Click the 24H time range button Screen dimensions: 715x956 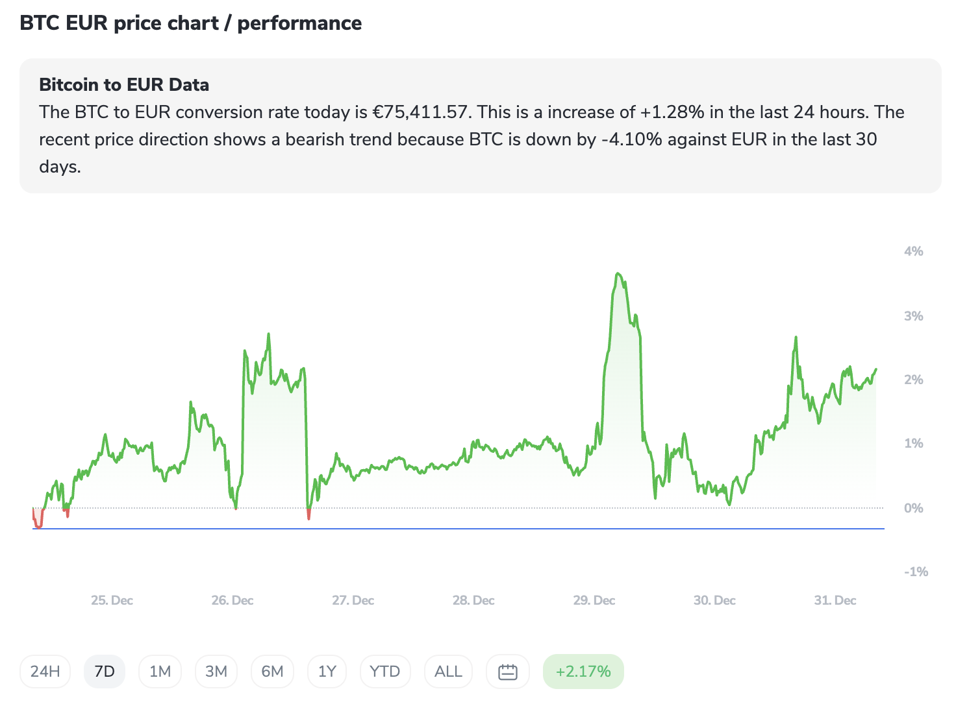(x=45, y=672)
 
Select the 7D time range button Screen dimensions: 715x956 (x=105, y=672)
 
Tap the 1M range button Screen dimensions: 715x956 (x=160, y=672)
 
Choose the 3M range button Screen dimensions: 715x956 (x=216, y=672)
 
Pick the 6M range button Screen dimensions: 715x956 (x=272, y=672)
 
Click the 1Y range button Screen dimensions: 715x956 (x=327, y=672)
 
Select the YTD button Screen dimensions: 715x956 (x=384, y=672)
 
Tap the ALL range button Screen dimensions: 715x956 (x=448, y=672)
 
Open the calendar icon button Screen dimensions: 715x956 (x=508, y=672)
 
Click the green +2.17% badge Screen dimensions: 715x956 (x=583, y=672)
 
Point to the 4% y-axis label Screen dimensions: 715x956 (x=913, y=251)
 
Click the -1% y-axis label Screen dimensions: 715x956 (x=916, y=572)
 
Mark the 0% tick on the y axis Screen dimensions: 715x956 (x=913, y=508)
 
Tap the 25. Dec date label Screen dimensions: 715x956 (x=112, y=600)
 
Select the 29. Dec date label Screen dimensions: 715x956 (x=594, y=600)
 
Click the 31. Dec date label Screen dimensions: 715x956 (x=835, y=600)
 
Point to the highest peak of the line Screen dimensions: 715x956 (x=618, y=274)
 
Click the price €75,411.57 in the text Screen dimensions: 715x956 (x=420, y=112)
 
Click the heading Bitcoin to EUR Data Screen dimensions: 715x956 (x=124, y=85)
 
